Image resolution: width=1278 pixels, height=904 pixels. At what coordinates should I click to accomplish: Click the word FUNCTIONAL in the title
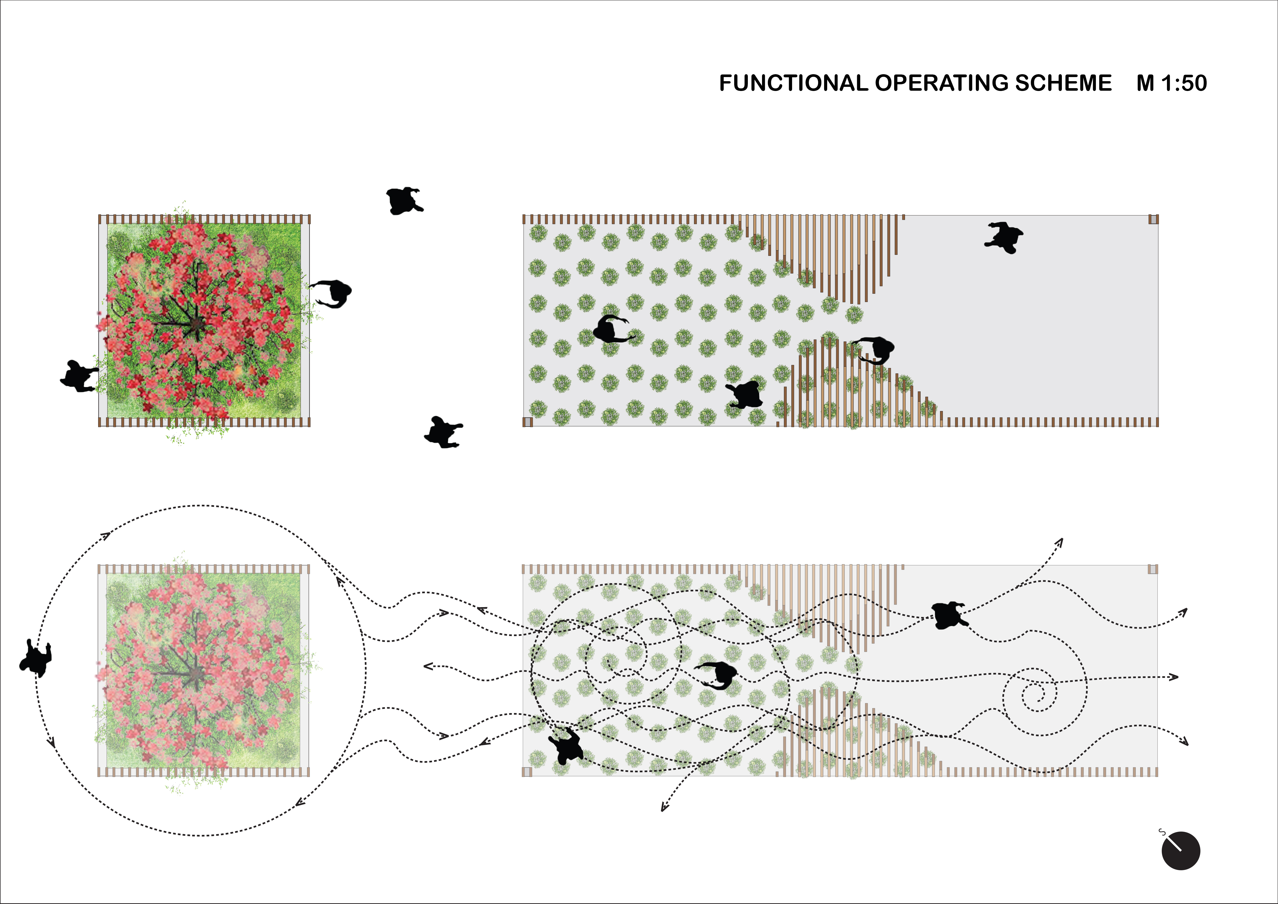point(793,83)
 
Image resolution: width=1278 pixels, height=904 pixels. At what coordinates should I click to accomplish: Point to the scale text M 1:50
point(1172,83)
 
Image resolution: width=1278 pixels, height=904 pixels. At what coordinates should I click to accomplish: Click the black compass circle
point(1181,851)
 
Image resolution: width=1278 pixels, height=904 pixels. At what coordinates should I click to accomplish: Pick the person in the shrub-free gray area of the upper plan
point(1004,238)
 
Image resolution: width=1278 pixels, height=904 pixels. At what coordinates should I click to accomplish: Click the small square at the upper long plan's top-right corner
point(1153,219)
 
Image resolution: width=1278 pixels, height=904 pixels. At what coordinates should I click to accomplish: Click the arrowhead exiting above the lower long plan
point(1060,542)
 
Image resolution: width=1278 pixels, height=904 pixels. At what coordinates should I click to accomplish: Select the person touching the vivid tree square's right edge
point(331,293)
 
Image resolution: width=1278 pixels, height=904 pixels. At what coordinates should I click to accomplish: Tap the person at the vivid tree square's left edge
point(79,376)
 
